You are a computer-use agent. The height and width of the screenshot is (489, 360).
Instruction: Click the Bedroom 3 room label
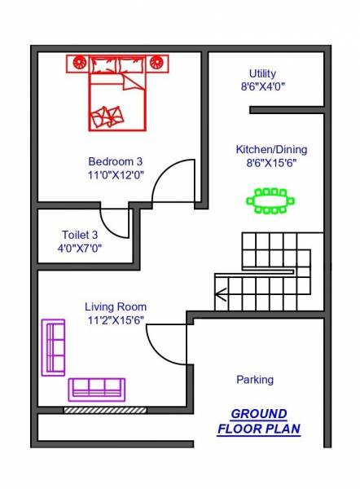pos(116,161)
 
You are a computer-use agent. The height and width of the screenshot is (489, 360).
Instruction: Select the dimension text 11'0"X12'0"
pos(116,174)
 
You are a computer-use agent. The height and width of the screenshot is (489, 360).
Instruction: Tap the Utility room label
pos(262,73)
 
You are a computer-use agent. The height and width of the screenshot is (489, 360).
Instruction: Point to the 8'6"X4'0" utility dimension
pos(262,86)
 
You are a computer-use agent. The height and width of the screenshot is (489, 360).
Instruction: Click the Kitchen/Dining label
pos(263,150)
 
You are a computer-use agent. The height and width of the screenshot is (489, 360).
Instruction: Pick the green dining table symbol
pos(270,200)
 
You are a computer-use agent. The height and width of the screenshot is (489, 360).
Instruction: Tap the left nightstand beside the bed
pos(80,61)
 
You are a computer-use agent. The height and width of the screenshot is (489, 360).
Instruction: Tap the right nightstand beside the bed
pos(156,61)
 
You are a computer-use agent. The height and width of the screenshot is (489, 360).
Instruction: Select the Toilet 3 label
pos(80,235)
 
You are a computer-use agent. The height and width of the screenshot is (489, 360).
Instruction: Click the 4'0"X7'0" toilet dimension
pos(80,248)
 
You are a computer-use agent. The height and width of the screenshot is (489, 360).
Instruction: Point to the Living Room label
pos(116,306)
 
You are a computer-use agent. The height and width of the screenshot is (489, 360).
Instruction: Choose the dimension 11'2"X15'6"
pos(116,320)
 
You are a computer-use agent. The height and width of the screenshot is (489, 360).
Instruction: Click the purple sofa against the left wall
pos(54,347)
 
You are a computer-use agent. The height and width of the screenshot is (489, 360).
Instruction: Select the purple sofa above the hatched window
pos(96,389)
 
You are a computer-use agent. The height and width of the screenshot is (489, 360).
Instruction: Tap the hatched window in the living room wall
pos(105,409)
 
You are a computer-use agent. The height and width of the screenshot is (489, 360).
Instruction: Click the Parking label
pos(255,379)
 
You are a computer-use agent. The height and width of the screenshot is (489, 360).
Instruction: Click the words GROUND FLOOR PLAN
pos(258,421)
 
